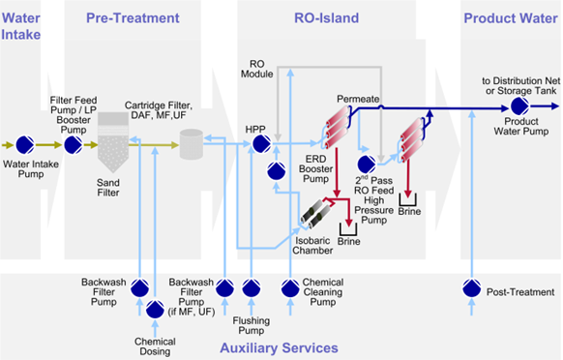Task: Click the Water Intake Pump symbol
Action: pyautogui.click(x=26, y=145)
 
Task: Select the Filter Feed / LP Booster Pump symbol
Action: pyautogui.click(x=74, y=145)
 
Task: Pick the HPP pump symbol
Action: pyautogui.click(x=260, y=144)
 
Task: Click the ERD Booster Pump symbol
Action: pyautogui.click(x=276, y=171)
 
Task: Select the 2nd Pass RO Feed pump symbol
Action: pyautogui.click(x=368, y=165)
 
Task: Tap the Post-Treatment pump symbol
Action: pyautogui.click(x=472, y=287)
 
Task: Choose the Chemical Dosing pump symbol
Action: pyautogui.click(x=155, y=310)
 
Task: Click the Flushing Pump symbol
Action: pyautogui.click(x=251, y=287)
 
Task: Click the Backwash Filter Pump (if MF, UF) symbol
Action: pyautogui.click(x=223, y=287)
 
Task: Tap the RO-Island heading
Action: pyautogui.click(x=326, y=18)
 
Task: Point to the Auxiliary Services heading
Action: pyautogui.click(x=278, y=346)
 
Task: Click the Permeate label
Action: pyautogui.click(x=358, y=100)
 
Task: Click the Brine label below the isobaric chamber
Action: pyautogui.click(x=349, y=246)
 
